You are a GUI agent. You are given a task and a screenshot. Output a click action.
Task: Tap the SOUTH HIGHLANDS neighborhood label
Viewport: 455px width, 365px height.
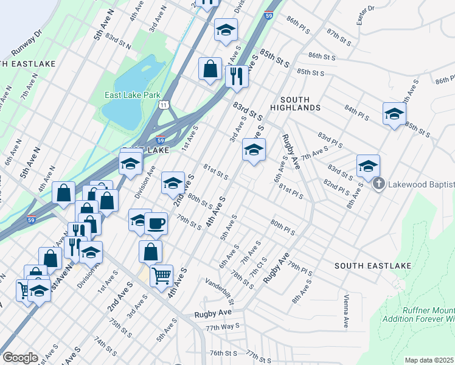point(300,103)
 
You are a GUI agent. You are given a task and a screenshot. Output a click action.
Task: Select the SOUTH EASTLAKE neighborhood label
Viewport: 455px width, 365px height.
point(373,266)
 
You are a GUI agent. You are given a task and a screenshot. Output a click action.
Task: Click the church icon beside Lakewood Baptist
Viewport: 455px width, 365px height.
point(378,184)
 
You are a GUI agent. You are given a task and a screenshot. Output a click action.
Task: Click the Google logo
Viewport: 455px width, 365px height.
point(20,358)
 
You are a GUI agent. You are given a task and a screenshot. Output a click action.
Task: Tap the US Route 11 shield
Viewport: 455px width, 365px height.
point(163,105)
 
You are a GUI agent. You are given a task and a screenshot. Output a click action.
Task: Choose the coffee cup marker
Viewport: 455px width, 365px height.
point(156,223)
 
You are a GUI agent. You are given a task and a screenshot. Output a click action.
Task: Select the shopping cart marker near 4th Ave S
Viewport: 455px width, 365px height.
point(161,276)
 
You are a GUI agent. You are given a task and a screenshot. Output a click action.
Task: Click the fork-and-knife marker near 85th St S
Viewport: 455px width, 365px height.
point(237,76)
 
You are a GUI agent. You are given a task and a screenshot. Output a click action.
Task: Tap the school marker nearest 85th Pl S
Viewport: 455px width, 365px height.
point(394,113)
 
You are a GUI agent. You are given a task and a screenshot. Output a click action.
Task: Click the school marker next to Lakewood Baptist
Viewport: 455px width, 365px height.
point(368,165)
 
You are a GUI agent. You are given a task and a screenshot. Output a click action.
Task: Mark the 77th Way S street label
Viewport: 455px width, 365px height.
point(221,327)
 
